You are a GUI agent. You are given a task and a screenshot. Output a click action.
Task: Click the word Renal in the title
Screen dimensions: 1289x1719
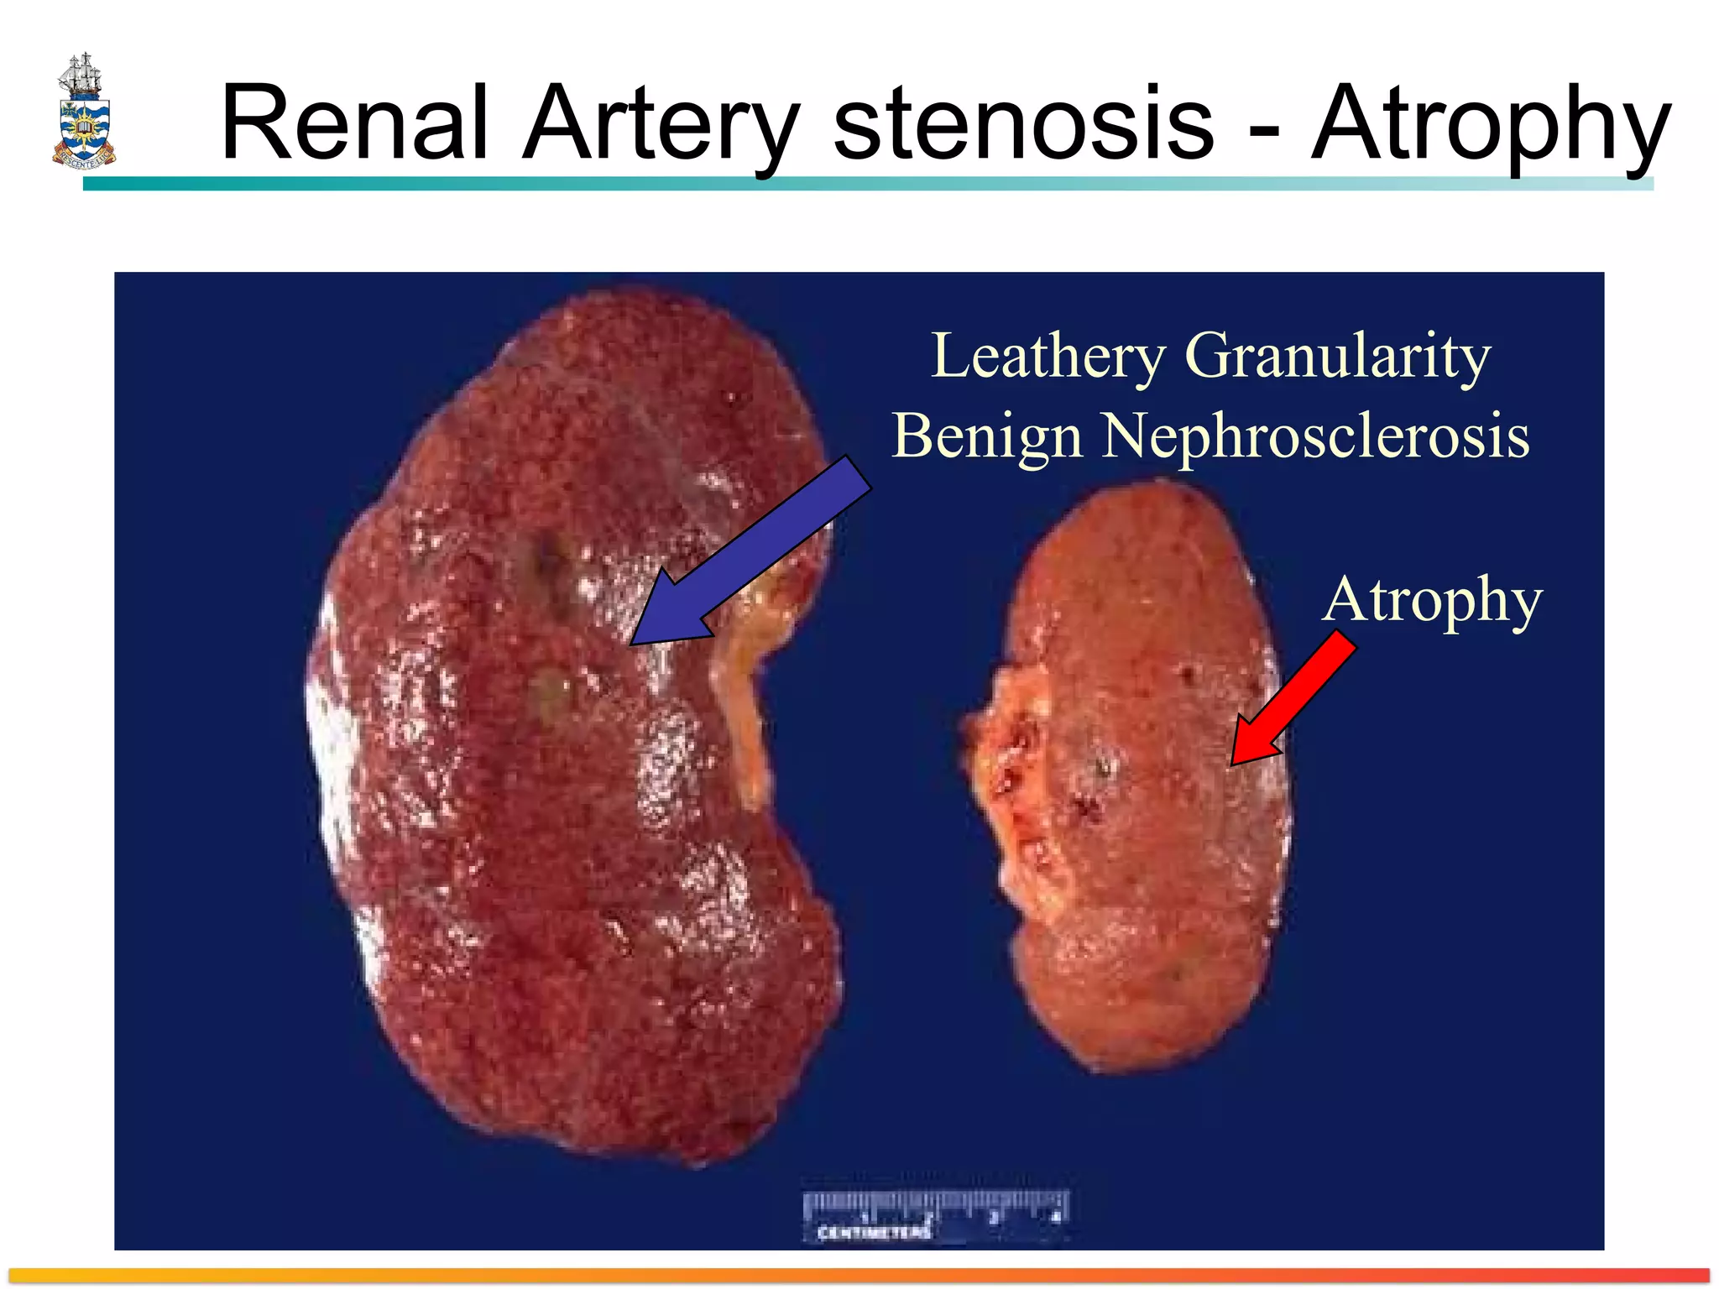(x=353, y=123)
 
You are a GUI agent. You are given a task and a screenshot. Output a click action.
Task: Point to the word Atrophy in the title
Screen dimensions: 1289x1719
(x=1491, y=126)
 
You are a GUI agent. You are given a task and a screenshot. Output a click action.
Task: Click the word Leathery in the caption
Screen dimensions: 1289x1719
(x=1048, y=357)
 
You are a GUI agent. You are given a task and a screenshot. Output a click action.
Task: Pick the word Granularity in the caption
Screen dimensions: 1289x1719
(x=1338, y=357)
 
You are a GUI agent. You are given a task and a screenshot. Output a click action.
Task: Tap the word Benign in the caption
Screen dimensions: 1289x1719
(x=986, y=436)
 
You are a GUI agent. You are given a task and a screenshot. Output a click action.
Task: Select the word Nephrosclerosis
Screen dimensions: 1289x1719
(x=1315, y=436)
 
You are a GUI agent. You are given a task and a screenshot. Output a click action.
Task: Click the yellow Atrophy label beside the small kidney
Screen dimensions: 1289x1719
(x=1432, y=600)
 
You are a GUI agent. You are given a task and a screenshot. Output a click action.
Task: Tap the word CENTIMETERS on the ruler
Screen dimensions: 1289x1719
(x=874, y=1232)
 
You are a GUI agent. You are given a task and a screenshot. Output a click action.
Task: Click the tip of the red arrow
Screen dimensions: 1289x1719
(x=1232, y=764)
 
